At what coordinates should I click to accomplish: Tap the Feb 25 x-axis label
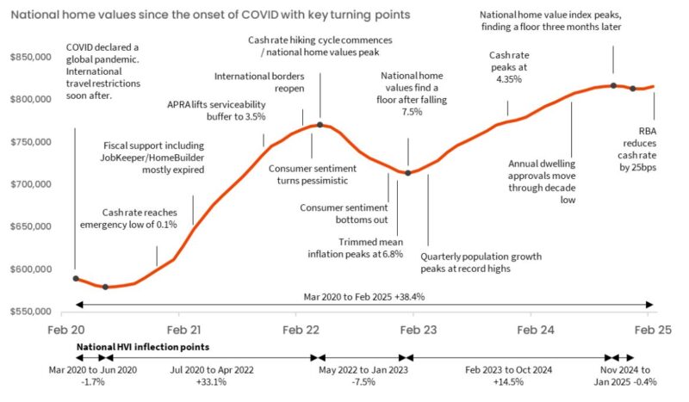click(x=652, y=330)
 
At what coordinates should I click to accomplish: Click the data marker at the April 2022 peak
click(x=320, y=125)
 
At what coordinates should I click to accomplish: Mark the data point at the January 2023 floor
click(x=408, y=173)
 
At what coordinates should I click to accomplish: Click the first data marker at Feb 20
click(x=76, y=279)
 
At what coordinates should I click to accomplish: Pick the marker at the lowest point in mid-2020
click(x=105, y=287)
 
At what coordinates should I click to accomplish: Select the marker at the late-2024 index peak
click(x=613, y=85)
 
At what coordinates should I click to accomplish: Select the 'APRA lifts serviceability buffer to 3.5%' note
click(x=216, y=110)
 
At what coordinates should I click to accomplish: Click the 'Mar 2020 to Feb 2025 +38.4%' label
click(x=363, y=295)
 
